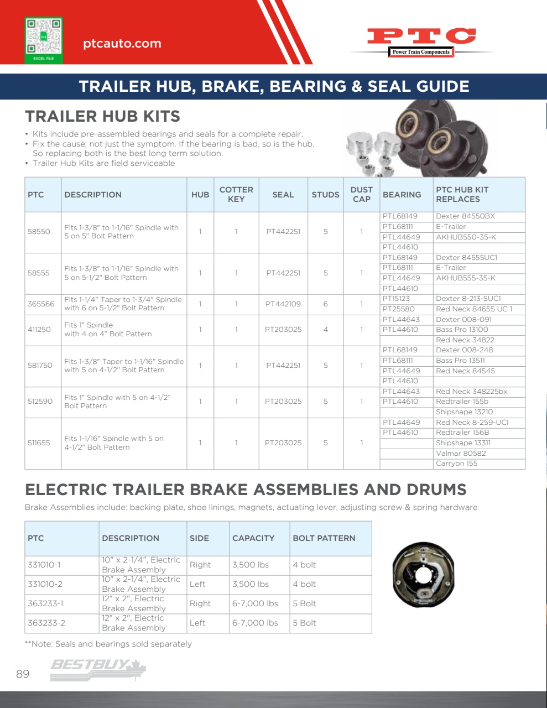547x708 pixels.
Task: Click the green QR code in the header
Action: [x=44, y=40]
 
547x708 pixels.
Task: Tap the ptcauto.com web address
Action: [x=122, y=44]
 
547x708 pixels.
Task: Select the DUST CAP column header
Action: [x=361, y=194]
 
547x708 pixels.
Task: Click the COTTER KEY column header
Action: [x=236, y=194]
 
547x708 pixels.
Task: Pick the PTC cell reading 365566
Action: [x=41, y=304]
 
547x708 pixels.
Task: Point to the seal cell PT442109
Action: [x=283, y=304]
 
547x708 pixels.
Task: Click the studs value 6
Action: [x=325, y=304]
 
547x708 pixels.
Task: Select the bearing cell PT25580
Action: [x=398, y=309]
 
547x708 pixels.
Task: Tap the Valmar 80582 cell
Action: [x=461, y=453]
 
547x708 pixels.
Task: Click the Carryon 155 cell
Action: [x=456, y=464]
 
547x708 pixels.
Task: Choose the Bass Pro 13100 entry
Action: [x=462, y=329]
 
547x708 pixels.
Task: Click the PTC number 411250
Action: [x=39, y=329]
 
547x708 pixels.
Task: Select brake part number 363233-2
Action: [x=46, y=623]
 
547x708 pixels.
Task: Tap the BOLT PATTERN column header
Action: [x=324, y=538]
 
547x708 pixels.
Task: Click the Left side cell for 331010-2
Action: [x=197, y=584]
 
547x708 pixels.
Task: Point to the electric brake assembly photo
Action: [x=423, y=575]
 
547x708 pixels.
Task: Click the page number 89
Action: [x=23, y=674]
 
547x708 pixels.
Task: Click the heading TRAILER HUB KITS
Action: [x=103, y=116]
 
